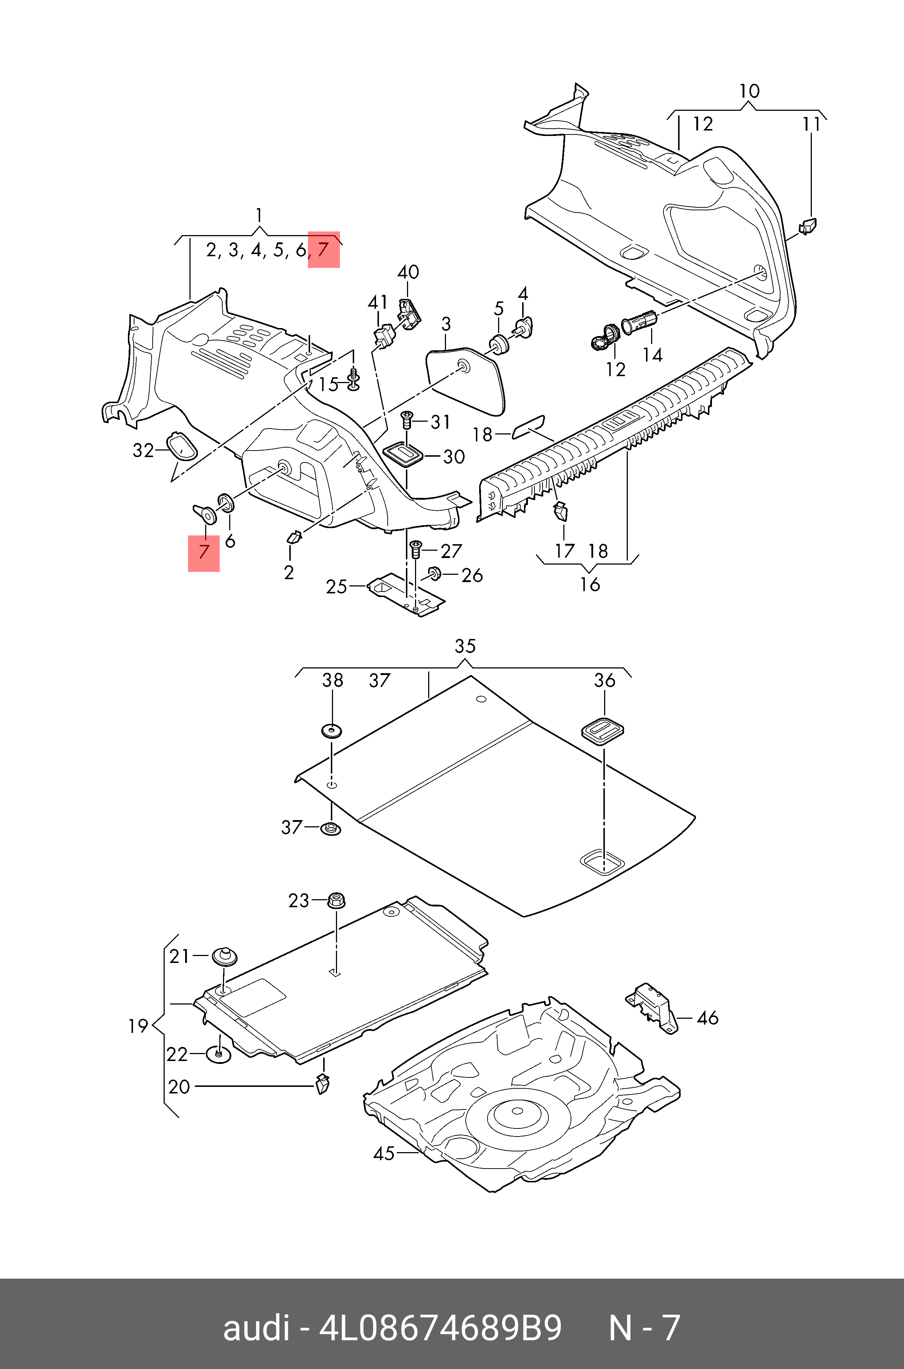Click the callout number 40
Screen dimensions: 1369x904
coord(408,272)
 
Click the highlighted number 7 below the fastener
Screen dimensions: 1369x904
coord(204,553)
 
